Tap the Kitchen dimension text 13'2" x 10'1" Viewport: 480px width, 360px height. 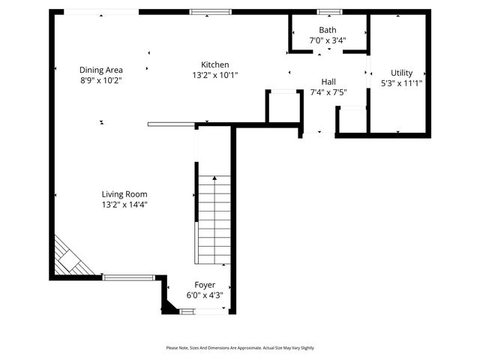pos(215,75)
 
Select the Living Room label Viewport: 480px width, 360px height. pos(124,194)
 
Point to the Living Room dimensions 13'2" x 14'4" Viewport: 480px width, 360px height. pos(124,205)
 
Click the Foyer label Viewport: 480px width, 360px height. pos(205,285)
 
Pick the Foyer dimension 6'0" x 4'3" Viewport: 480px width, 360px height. pos(205,295)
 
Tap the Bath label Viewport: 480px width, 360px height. pos(328,31)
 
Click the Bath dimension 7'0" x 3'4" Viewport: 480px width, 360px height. pos(328,41)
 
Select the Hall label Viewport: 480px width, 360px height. pos(328,82)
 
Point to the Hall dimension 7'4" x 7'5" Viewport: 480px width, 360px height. pos(328,92)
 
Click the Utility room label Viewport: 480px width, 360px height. pos(402,73)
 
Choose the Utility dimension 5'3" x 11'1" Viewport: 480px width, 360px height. pos(402,83)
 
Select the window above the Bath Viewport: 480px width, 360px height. pos(328,12)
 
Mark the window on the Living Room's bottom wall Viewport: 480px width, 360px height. pos(128,277)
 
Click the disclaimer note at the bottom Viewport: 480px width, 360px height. pos(240,348)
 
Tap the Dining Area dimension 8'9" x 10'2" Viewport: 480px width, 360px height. pos(101,80)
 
